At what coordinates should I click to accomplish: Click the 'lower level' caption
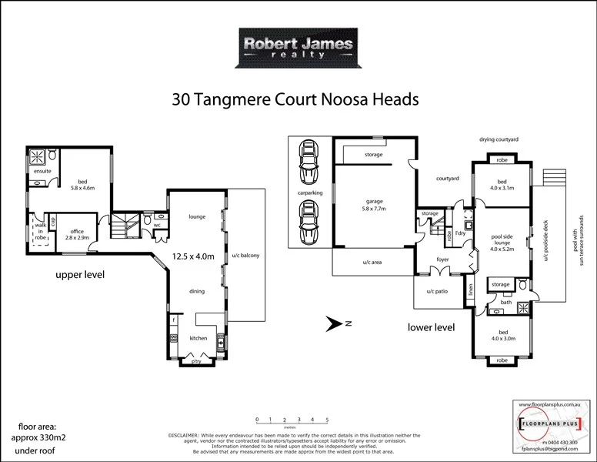pyautogui.click(x=431, y=327)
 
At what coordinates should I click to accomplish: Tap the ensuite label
pyautogui.click(x=42, y=171)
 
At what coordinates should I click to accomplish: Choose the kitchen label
pyautogui.click(x=198, y=338)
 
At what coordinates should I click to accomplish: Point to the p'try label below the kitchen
pyautogui.click(x=197, y=360)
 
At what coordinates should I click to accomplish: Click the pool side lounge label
pyautogui.click(x=501, y=243)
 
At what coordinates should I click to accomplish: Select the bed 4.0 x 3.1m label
pyautogui.click(x=501, y=186)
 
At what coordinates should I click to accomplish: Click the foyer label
pyautogui.click(x=442, y=259)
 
